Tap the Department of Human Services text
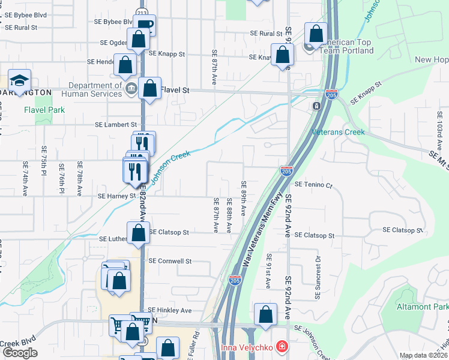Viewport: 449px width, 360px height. click(91, 89)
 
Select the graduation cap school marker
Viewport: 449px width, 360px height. click(19, 82)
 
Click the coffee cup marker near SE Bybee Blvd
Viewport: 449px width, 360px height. click(144, 25)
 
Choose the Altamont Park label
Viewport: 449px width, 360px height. click(422, 307)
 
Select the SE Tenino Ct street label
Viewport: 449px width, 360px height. click(313, 185)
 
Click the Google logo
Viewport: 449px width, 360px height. click(20, 353)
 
